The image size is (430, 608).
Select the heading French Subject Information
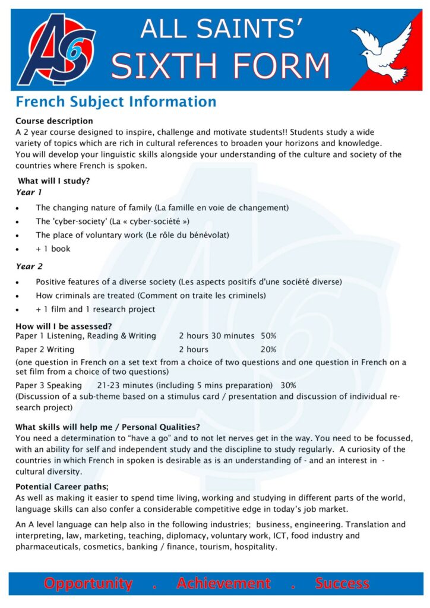116,102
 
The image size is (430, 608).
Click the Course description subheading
54,121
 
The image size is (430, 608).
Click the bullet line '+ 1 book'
53,249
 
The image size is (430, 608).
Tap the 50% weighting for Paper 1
268,336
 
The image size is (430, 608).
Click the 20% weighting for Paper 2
268,349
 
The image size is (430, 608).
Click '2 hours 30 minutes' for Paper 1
216,336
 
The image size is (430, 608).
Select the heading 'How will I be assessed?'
64,326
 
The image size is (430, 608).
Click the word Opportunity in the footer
88,584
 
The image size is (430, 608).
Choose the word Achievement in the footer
223,584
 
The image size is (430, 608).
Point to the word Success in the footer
342,584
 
